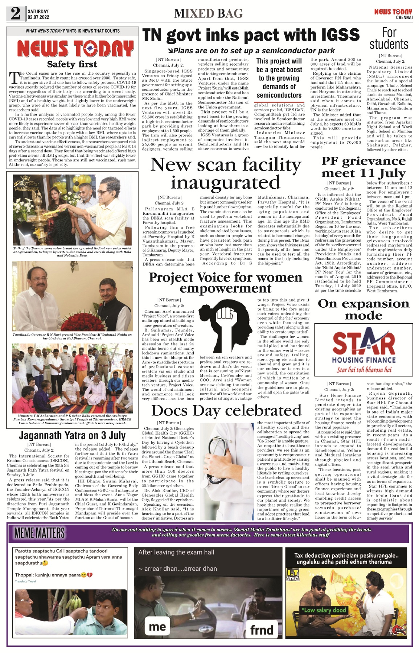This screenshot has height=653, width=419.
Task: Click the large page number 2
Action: point(15,13)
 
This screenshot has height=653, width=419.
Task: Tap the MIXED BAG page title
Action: point(208,14)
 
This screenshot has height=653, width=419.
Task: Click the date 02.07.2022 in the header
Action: point(38,17)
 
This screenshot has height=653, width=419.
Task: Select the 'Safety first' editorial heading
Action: point(72,64)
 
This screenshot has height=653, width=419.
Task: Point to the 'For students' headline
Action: point(389,38)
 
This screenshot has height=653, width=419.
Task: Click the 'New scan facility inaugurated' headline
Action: point(226,173)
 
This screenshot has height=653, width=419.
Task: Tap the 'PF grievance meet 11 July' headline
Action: point(363,167)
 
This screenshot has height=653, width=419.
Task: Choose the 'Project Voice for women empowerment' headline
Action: point(226,283)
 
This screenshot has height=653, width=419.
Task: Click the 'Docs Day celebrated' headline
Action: point(226,410)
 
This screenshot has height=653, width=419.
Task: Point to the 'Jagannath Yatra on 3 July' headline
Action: point(72,435)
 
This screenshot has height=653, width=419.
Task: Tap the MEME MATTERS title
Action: point(40,533)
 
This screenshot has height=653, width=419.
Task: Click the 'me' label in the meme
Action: point(157,626)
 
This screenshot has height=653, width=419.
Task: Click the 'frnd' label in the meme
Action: point(262,630)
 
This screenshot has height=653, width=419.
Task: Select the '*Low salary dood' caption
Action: point(324,610)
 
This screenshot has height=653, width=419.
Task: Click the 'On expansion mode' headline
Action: point(363,309)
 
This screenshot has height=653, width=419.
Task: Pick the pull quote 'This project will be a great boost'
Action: point(279,78)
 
